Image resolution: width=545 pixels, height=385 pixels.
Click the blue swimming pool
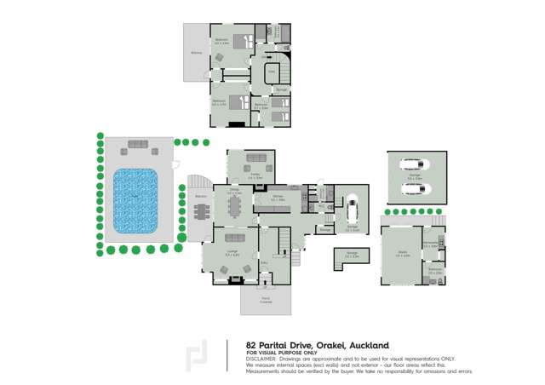135,201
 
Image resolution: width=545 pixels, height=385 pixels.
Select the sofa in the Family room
254,158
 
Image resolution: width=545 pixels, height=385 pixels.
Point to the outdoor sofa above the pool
136,145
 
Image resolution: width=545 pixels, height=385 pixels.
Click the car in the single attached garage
352,207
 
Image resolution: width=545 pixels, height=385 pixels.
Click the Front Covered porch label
266,299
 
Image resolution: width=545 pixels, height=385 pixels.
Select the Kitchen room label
278,197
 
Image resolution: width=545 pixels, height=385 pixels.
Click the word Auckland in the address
368,345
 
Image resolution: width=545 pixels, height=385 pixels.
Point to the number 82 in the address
252,345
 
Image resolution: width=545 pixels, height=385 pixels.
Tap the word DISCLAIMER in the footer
261,359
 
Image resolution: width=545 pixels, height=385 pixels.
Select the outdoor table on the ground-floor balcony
200,212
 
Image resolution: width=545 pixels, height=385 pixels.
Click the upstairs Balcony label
197,53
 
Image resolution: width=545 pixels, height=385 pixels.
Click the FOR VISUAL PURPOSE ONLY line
281,353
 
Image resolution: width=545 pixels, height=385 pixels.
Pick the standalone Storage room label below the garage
352,254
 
